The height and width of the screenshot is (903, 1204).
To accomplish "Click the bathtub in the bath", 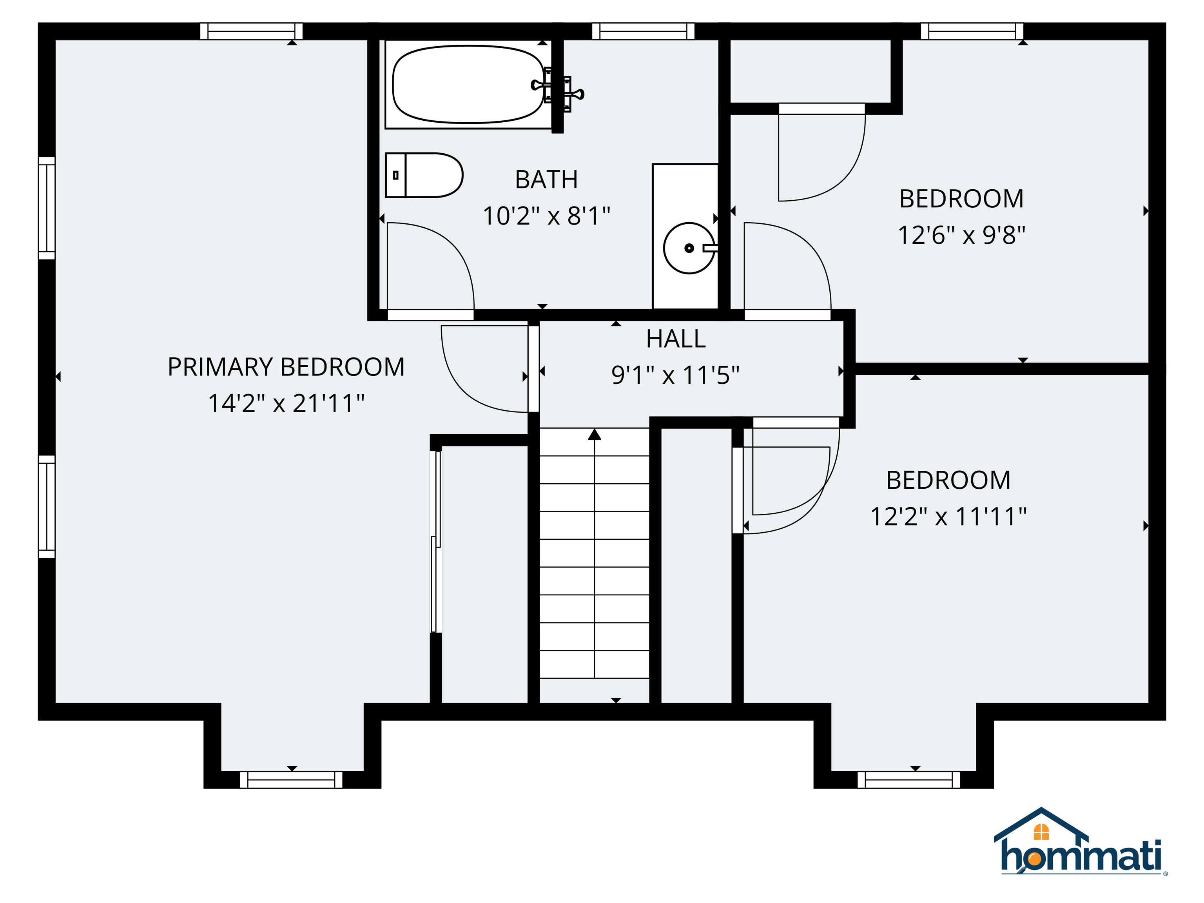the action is click(x=468, y=84).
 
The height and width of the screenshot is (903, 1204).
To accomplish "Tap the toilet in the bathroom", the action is click(x=424, y=175).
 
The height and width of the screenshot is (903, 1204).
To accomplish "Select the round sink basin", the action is click(x=689, y=248).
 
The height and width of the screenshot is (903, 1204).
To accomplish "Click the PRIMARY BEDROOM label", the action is click(x=286, y=367).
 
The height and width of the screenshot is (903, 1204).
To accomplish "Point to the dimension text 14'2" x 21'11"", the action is click(x=286, y=403).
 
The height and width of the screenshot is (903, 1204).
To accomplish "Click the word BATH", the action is click(x=546, y=180).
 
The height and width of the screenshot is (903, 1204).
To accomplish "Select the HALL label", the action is click(x=676, y=339).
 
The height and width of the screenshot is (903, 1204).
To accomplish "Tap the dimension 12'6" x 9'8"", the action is click(x=961, y=235).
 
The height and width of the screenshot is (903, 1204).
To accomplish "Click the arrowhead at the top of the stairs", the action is click(x=595, y=434).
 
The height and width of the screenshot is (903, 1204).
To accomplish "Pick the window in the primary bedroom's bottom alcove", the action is click(x=291, y=780).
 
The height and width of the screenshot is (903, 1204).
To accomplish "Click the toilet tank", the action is click(x=396, y=175).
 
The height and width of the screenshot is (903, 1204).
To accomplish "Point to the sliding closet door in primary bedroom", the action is click(x=435, y=542).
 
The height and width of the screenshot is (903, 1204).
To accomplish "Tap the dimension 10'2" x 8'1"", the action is click(x=546, y=216).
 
